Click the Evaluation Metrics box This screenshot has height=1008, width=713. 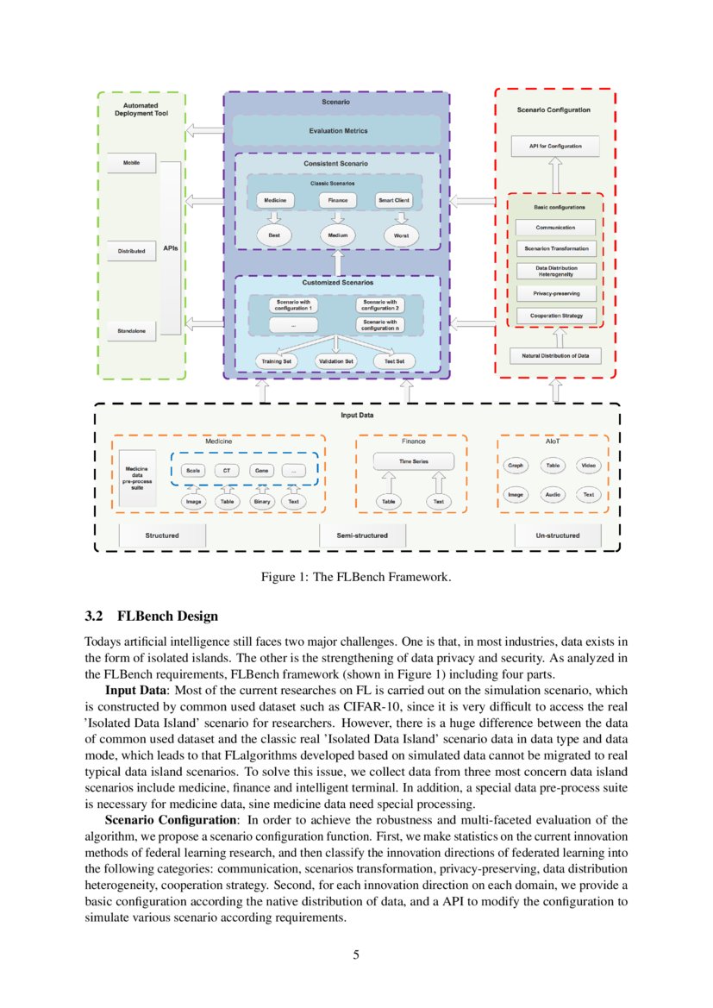pos(338,131)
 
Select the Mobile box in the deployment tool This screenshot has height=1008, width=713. pos(131,162)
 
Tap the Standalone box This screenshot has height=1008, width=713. pos(131,331)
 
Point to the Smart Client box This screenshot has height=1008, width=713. pos(394,200)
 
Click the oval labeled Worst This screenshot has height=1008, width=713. pos(401,235)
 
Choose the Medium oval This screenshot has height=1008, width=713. pos(337,235)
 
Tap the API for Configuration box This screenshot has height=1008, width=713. pos(555,147)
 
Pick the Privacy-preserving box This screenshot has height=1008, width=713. pos(555,293)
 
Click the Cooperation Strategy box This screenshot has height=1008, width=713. pos(555,316)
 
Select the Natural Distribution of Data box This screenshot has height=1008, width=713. pos(555,355)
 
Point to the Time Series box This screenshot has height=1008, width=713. pos(413,462)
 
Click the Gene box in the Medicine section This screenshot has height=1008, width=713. pos(260,471)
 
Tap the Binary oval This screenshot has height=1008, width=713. pos(260,501)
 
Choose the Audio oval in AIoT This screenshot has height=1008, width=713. pos(552,495)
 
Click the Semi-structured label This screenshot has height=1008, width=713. pos(361,535)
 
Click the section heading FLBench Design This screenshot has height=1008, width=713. pos(151,617)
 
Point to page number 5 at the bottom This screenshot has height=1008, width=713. pos(356,955)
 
